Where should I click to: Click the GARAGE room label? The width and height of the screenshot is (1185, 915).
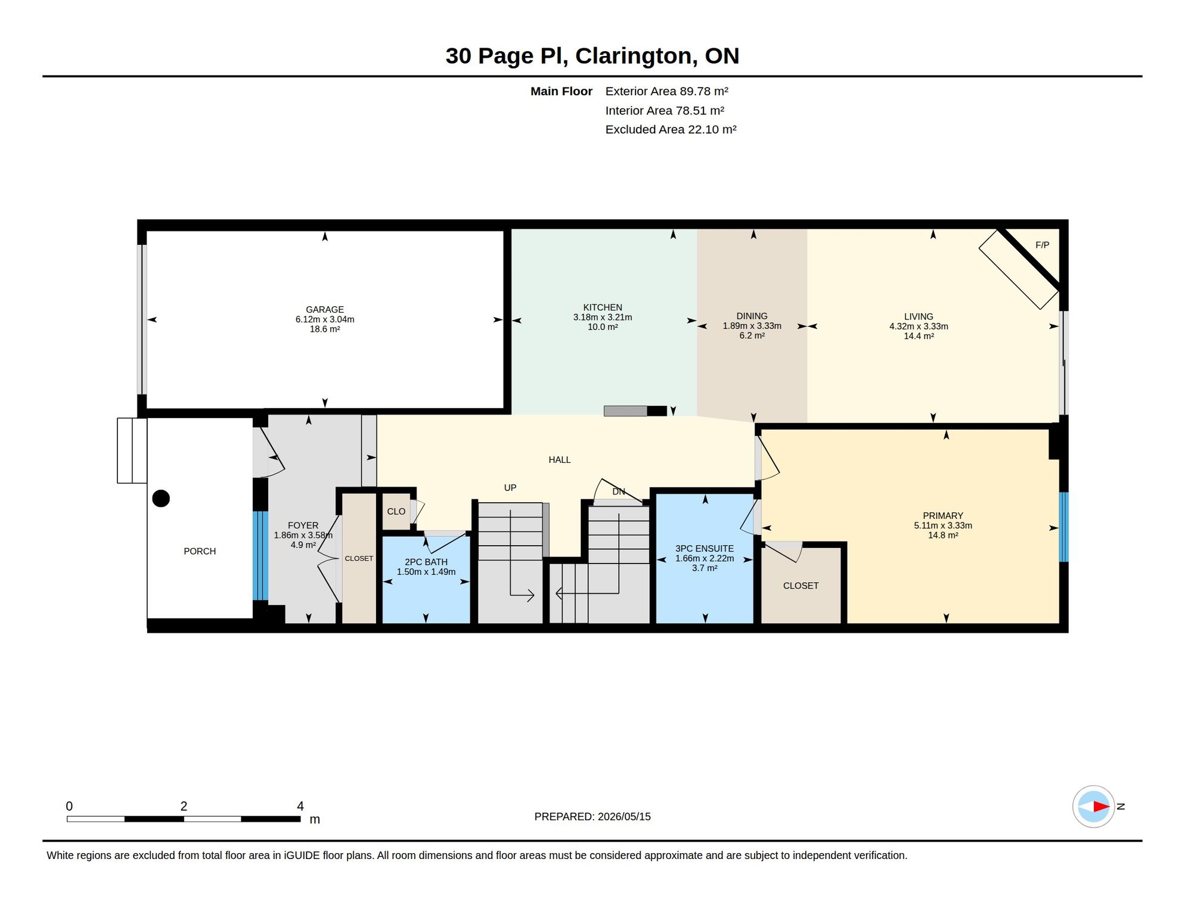point(325,310)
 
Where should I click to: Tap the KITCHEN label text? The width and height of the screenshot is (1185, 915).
point(603,307)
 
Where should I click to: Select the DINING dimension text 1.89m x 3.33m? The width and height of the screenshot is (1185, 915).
point(752,326)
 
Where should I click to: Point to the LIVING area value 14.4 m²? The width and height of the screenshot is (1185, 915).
point(919,336)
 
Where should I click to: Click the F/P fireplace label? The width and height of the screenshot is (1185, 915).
point(1042,245)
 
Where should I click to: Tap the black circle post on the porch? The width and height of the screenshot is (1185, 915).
point(161,498)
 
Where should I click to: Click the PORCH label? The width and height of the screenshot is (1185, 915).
point(200,552)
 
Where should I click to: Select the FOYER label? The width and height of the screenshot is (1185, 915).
point(303,525)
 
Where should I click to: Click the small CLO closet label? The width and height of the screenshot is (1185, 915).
point(396,512)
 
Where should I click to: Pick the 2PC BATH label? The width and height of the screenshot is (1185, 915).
point(426,562)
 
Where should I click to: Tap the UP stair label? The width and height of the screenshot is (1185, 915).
point(510,488)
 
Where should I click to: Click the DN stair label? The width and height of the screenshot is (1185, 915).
point(619,491)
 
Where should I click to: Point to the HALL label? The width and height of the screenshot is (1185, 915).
point(559,460)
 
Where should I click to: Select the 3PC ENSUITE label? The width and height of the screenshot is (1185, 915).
point(704,549)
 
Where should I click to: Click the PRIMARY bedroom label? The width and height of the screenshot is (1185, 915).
point(942,516)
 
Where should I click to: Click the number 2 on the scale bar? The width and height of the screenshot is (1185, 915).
point(184,806)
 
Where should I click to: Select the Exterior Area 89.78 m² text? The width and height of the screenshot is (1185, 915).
point(666,91)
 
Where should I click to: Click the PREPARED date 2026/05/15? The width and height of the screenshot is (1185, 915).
point(624,817)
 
